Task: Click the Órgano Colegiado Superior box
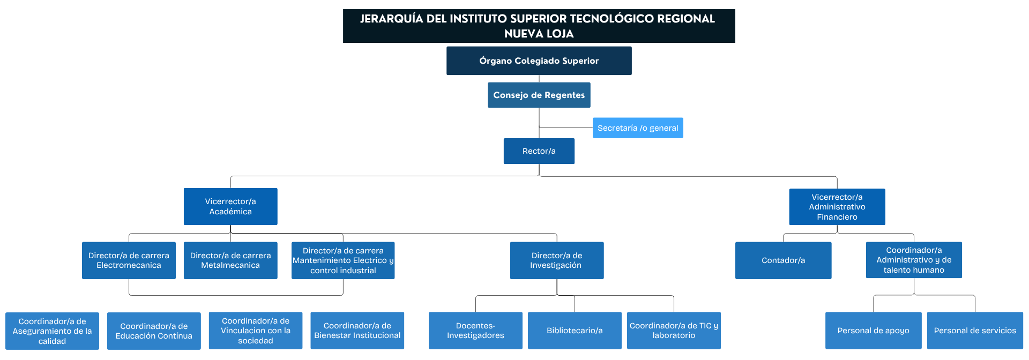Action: (x=539, y=61)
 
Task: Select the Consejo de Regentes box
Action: (x=539, y=95)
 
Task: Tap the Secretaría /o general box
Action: (x=638, y=128)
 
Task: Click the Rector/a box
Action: (x=539, y=151)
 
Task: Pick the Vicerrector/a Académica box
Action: (x=230, y=206)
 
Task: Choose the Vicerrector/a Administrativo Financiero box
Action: (x=837, y=207)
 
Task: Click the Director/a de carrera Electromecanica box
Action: (x=129, y=260)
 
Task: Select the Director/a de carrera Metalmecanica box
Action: (x=230, y=260)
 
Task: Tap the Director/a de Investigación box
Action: (x=557, y=260)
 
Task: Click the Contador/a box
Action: (x=784, y=260)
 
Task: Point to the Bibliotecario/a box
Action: (x=575, y=331)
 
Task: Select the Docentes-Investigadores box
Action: (x=475, y=331)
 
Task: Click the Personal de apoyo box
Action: (x=874, y=331)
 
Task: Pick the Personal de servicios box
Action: (x=975, y=331)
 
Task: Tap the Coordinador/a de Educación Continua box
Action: (x=154, y=331)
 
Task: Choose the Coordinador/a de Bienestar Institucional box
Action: (x=357, y=331)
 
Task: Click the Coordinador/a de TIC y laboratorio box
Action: (x=674, y=331)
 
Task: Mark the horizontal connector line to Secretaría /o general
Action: (x=566, y=128)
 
